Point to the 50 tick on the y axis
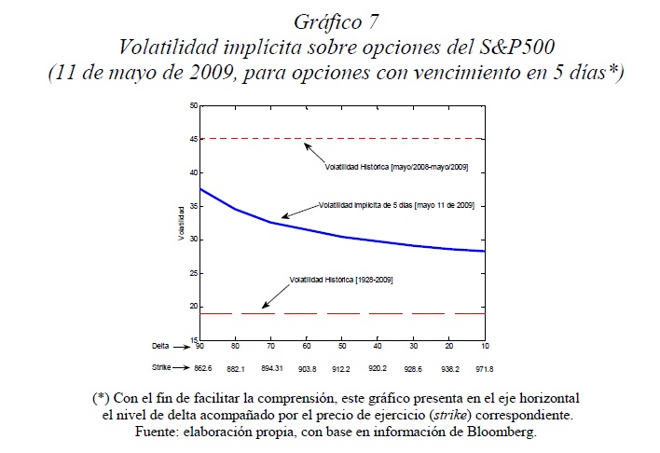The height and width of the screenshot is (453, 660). tap(193, 105)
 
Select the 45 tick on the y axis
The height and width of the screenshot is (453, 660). tap(193, 139)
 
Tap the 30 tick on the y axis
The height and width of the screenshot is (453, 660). tap(193, 240)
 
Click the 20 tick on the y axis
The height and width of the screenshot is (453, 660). tap(193, 307)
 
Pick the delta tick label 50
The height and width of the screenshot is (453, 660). tap(343, 345)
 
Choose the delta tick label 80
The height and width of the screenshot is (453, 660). tap(236, 345)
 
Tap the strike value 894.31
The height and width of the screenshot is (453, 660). tap(271, 368)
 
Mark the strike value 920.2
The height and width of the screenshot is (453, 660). tap(378, 368)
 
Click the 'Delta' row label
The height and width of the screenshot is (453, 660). tap(162, 345)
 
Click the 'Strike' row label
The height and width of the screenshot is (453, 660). tap(162, 368)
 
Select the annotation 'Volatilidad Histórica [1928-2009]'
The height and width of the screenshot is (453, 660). tap(340, 280)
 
